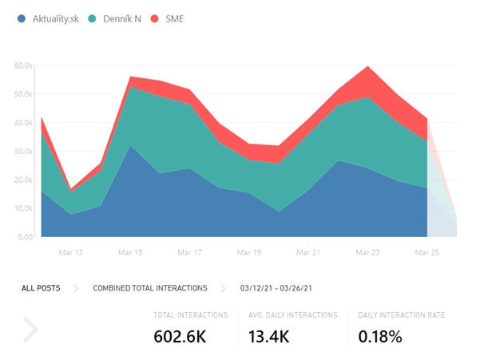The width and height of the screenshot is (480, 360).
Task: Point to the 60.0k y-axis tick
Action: (x=23, y=65)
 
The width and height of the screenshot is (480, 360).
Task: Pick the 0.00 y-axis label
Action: (x=25, y=237)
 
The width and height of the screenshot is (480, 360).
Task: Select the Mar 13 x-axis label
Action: (x=70, y=252)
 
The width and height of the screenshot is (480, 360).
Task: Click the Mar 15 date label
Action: (x=129, y=252)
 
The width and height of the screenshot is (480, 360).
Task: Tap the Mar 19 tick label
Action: (x=249, y=252)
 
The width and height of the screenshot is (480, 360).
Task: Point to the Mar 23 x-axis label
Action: (x=368, y=252)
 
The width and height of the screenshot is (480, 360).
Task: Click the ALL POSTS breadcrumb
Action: (x=41, y=288)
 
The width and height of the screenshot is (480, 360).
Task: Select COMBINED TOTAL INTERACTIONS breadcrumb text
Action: (x=150, y=288)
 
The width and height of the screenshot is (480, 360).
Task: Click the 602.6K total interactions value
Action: (x=180, y=336)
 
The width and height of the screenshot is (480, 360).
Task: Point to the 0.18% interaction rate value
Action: (x=379, y=336)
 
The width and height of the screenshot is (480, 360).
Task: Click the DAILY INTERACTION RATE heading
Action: (x=401, y=315)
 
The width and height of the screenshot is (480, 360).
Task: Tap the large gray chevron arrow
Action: (x=30, y=329)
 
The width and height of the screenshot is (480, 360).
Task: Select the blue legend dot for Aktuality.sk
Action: (x=22, y=19)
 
